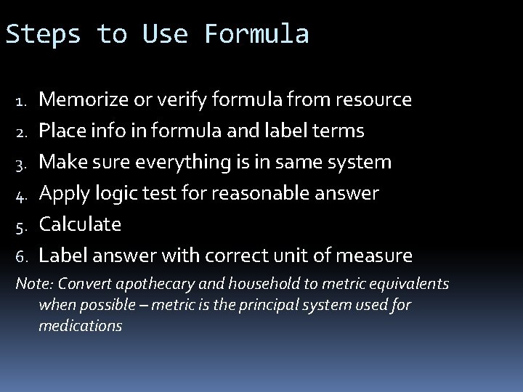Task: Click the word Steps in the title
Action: click(43, 34)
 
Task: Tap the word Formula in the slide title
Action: click(256, 34)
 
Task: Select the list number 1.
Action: click(22, 99)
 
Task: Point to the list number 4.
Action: click(22, 194)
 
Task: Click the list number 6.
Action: click(22, 256)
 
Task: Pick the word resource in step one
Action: click(373, 99)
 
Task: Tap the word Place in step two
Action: click(61, 131)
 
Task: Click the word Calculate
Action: click(80, 224)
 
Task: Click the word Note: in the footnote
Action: click(33, 284)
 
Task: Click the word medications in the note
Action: click(80, 326)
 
